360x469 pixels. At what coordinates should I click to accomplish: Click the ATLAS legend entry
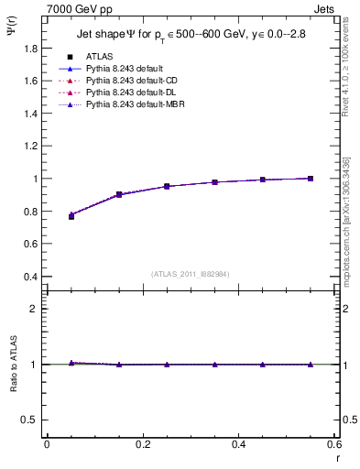coord(99,57)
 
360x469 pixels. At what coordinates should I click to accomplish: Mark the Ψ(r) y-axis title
coord(12,34)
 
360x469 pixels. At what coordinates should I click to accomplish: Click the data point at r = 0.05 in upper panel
coord(71,215)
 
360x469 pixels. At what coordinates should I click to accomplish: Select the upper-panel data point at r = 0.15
coord(119,194)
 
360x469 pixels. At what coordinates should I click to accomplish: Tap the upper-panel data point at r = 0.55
coord(311,179)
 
